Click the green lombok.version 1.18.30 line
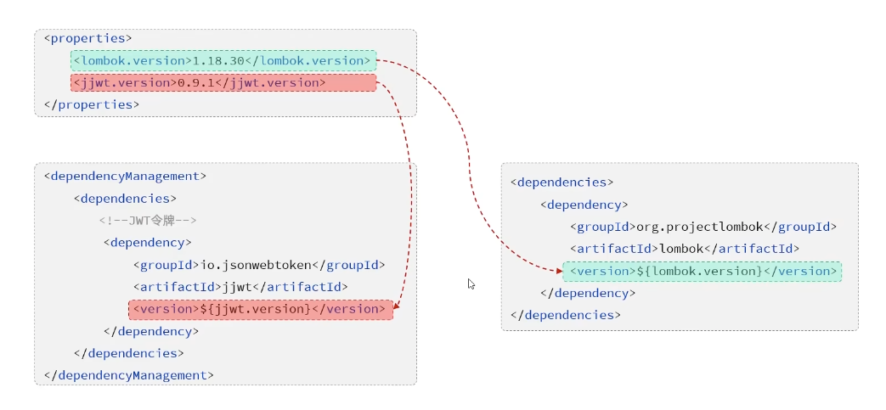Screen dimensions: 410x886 pos(223,61)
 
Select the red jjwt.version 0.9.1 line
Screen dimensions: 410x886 pos(223,83)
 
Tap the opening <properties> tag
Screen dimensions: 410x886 pos(87,39)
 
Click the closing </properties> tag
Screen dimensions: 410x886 pos(91,105)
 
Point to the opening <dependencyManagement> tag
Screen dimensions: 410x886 pos(125,177)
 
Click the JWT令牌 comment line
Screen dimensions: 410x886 pos(148,221)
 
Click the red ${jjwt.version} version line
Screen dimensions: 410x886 pos(260,309)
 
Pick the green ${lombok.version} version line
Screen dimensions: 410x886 pos(702,272)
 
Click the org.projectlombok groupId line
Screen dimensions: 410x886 pos(703,227)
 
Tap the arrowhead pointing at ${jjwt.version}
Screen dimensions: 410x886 pos(398,310)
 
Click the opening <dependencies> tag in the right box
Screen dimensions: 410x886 pos(562,183)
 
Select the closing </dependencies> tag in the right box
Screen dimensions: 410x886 pos(565,315)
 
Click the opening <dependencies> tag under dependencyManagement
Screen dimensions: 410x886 pos(125,199)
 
